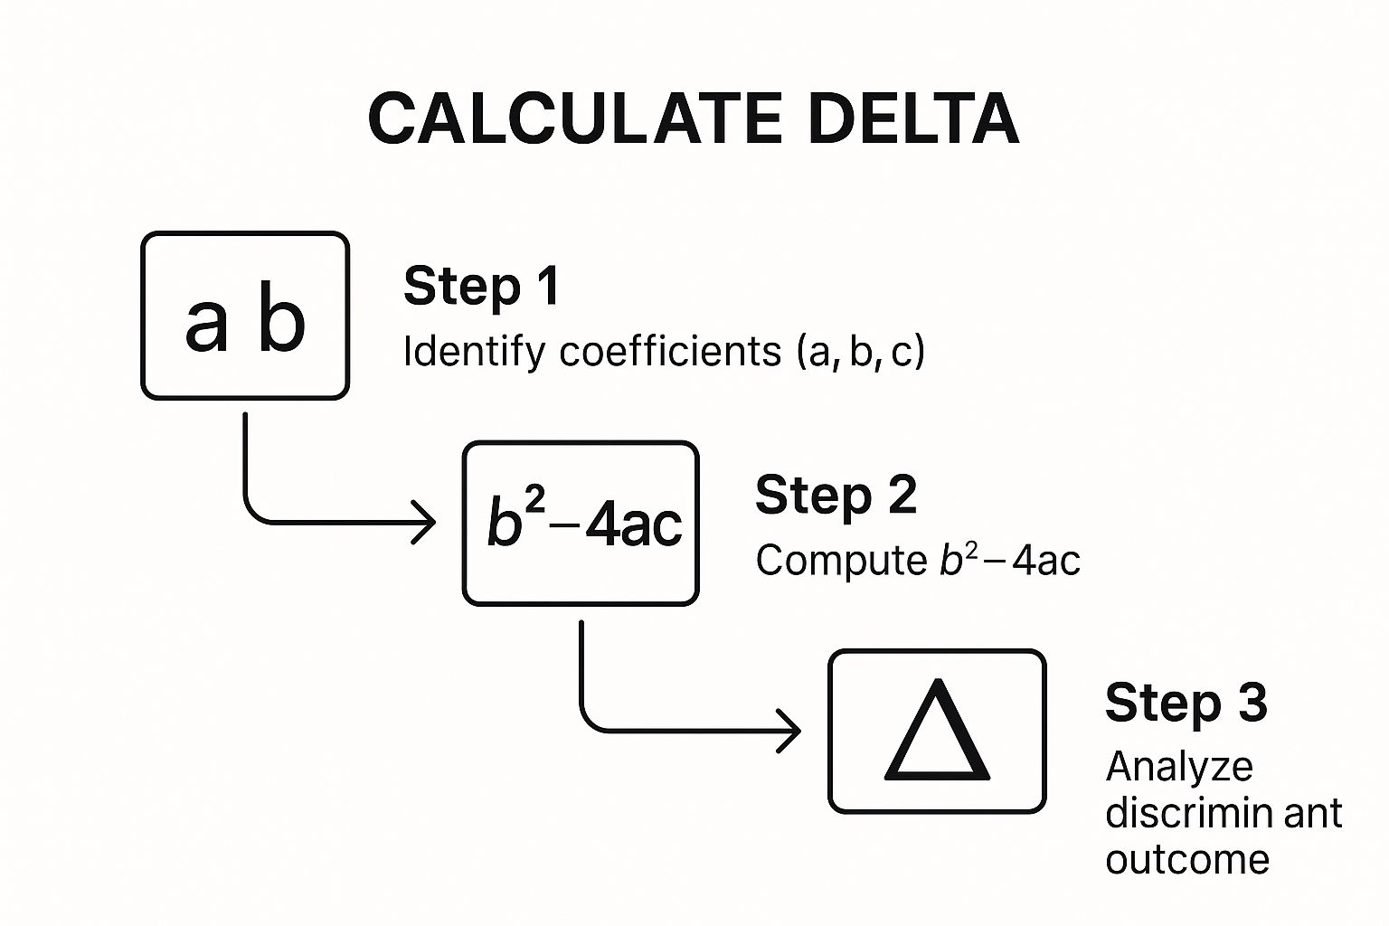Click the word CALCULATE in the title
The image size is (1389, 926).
[575, 119]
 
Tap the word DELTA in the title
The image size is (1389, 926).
[913, 119]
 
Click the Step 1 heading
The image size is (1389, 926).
[481, 287]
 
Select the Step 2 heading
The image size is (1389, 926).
[836, 496]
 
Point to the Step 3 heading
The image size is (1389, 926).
[1186, 704]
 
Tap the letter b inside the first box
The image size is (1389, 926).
[281, 318]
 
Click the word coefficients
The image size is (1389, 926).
[669, 351]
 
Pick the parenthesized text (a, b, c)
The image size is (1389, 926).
[861, 351]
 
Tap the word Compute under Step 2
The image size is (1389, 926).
[841, 561]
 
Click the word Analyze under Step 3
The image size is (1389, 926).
[1179, 767]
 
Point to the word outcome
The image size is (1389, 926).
[1186, 859]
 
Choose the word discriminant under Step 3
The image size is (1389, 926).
[1223, 813]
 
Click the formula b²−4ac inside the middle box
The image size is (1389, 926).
[583, 523]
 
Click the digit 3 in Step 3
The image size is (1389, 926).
[1252, 704]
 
